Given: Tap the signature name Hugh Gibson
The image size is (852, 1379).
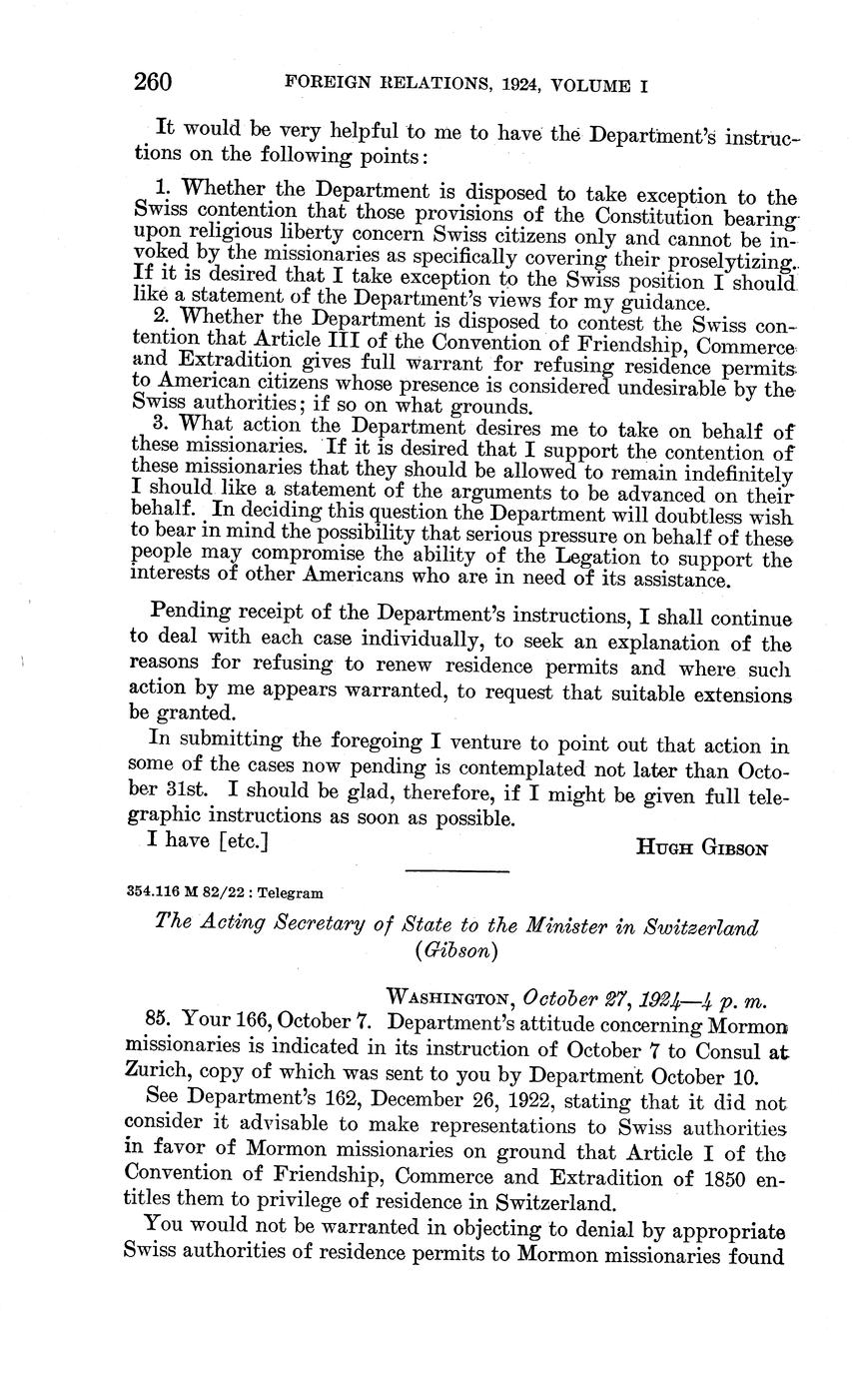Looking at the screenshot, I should pyautogui.click(x=701, y=848).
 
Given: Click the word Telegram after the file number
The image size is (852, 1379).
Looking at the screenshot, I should pyautogui.click(x=292, y=892).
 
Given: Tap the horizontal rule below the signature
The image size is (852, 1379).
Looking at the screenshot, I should pyautogui.click(x=457, y=871).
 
